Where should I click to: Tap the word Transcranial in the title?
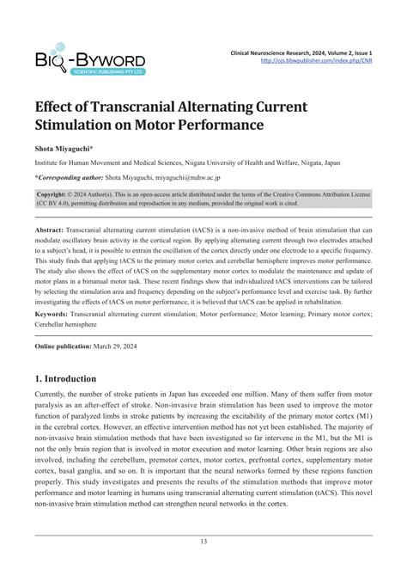130,107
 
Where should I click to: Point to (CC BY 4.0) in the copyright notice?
59,205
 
